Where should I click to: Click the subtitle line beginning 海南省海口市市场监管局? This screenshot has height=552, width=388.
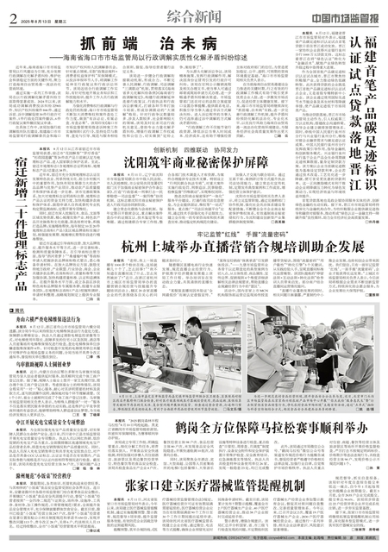pyautogui.click(x=151, y=59)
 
